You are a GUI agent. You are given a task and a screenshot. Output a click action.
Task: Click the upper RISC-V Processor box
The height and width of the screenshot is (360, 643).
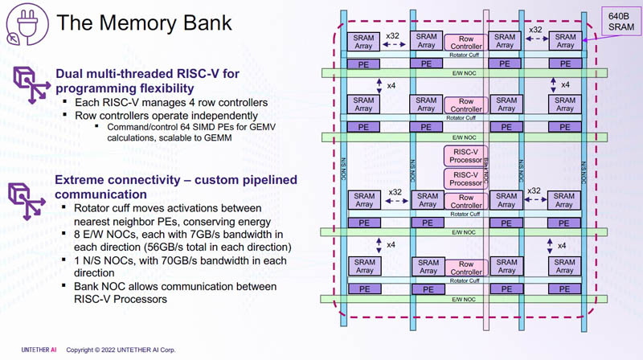(465, 155)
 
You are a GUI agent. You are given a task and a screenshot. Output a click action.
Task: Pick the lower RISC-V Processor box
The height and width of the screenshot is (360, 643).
(465, 178)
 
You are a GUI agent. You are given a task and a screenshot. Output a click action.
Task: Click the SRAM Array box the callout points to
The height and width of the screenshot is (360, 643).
(565, 41)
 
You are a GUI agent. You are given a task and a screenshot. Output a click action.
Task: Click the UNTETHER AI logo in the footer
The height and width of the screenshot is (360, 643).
(31, 350)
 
